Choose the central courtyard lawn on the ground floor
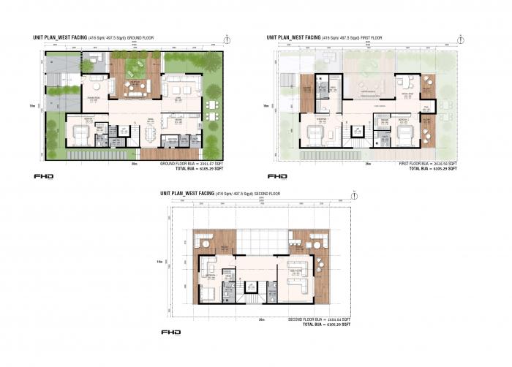point(135,68)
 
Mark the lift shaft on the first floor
point(357,131)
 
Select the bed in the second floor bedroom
point(208,292)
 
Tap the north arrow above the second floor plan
point(354,195)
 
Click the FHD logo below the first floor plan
point(277,176)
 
